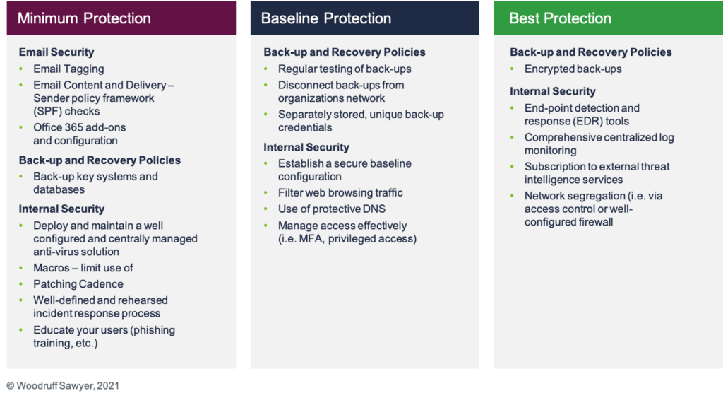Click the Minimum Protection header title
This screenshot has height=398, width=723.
(x=84, y=18)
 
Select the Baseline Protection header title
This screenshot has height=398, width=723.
(x=326, y=18)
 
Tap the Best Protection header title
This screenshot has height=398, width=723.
(x=560, y=18)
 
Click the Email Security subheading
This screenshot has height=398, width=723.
(x=56, y=52)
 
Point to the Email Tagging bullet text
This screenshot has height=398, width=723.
(x=68, y=69)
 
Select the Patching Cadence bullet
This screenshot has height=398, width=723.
(x=78, y=284)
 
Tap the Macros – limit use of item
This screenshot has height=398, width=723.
(x=83, y=268)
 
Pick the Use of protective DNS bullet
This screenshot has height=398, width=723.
(x=332, y=209)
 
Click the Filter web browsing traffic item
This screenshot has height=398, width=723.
(x=340, y=192)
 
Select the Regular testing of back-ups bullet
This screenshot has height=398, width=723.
(x=345, y=69)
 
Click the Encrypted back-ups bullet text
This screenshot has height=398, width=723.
(x=573, y=69)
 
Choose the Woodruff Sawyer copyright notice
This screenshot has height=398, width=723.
(x=63, y=385)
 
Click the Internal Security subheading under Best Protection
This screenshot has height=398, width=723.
(x=552, y=91)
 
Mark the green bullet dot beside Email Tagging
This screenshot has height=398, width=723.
(x=21, y=69)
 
